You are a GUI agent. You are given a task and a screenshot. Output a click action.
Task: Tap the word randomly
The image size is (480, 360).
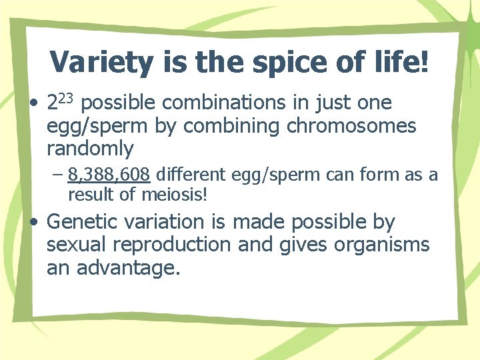90,147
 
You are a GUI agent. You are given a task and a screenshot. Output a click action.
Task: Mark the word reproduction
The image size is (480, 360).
175,245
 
